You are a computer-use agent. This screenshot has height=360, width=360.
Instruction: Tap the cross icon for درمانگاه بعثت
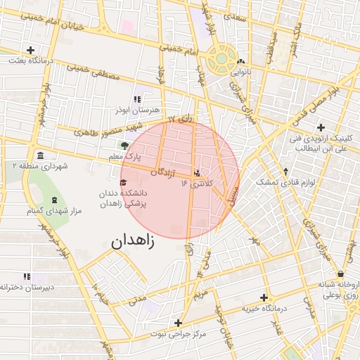coord(30,50)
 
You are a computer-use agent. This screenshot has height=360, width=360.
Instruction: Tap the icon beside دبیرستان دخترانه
coord(27,277)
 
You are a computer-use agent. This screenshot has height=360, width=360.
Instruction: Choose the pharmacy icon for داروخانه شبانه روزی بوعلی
coord(341,274)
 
